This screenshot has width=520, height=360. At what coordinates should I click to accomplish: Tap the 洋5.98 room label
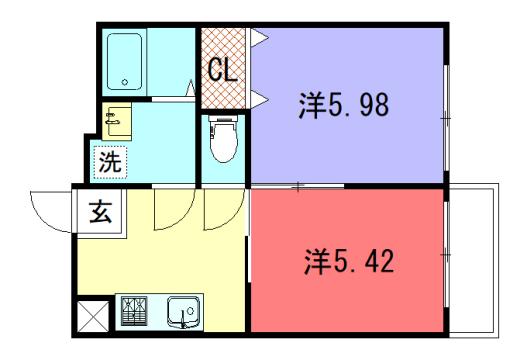coord(343,104)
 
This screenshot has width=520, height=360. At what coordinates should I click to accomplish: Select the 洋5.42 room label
coord(348,262)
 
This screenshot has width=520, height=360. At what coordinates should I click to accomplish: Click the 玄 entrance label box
coord(100,211)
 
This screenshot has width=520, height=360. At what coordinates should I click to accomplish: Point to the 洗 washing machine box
coord(109,160)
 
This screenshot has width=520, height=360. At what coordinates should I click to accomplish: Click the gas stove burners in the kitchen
coord(133,312)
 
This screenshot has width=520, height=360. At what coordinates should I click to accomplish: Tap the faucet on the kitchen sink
coord(185,322)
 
